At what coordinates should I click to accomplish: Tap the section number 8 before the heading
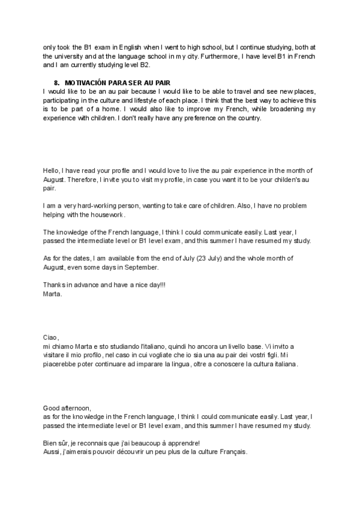click(x=56, y=82)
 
